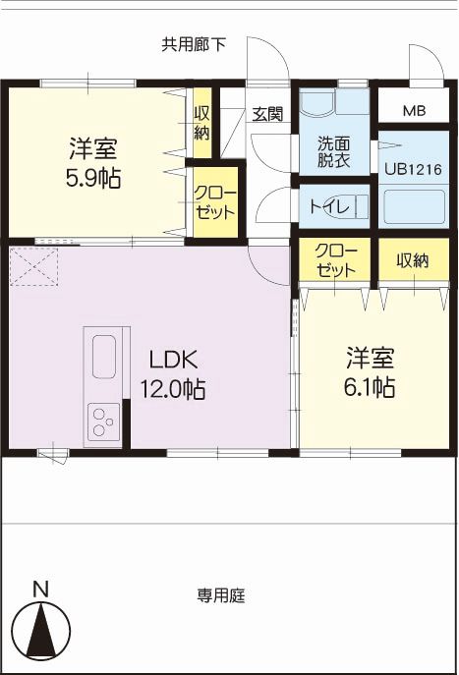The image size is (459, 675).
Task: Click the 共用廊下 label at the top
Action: click(194, 44)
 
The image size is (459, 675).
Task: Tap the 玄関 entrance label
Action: click(267, 114)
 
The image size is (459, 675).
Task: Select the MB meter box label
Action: click(414, 111)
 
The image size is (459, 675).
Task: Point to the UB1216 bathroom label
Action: click(414, 169)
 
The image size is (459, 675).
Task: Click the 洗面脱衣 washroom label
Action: click(334, 151)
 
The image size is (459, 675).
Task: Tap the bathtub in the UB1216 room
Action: click(414, 206)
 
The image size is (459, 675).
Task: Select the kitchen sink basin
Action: click(104, 357)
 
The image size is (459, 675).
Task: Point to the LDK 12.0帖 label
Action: click(173, 374)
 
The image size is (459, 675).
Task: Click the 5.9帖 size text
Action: click(93, 178)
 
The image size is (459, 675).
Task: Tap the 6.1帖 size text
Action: click(370, 387)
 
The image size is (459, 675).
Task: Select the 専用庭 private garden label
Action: click(221, 595)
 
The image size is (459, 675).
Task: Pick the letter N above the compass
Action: click(41, 590)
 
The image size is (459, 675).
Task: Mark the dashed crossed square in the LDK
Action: click(33, 266)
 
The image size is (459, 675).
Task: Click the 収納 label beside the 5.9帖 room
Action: click(201, 124)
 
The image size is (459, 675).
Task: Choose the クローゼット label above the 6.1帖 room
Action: click(336, 261)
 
